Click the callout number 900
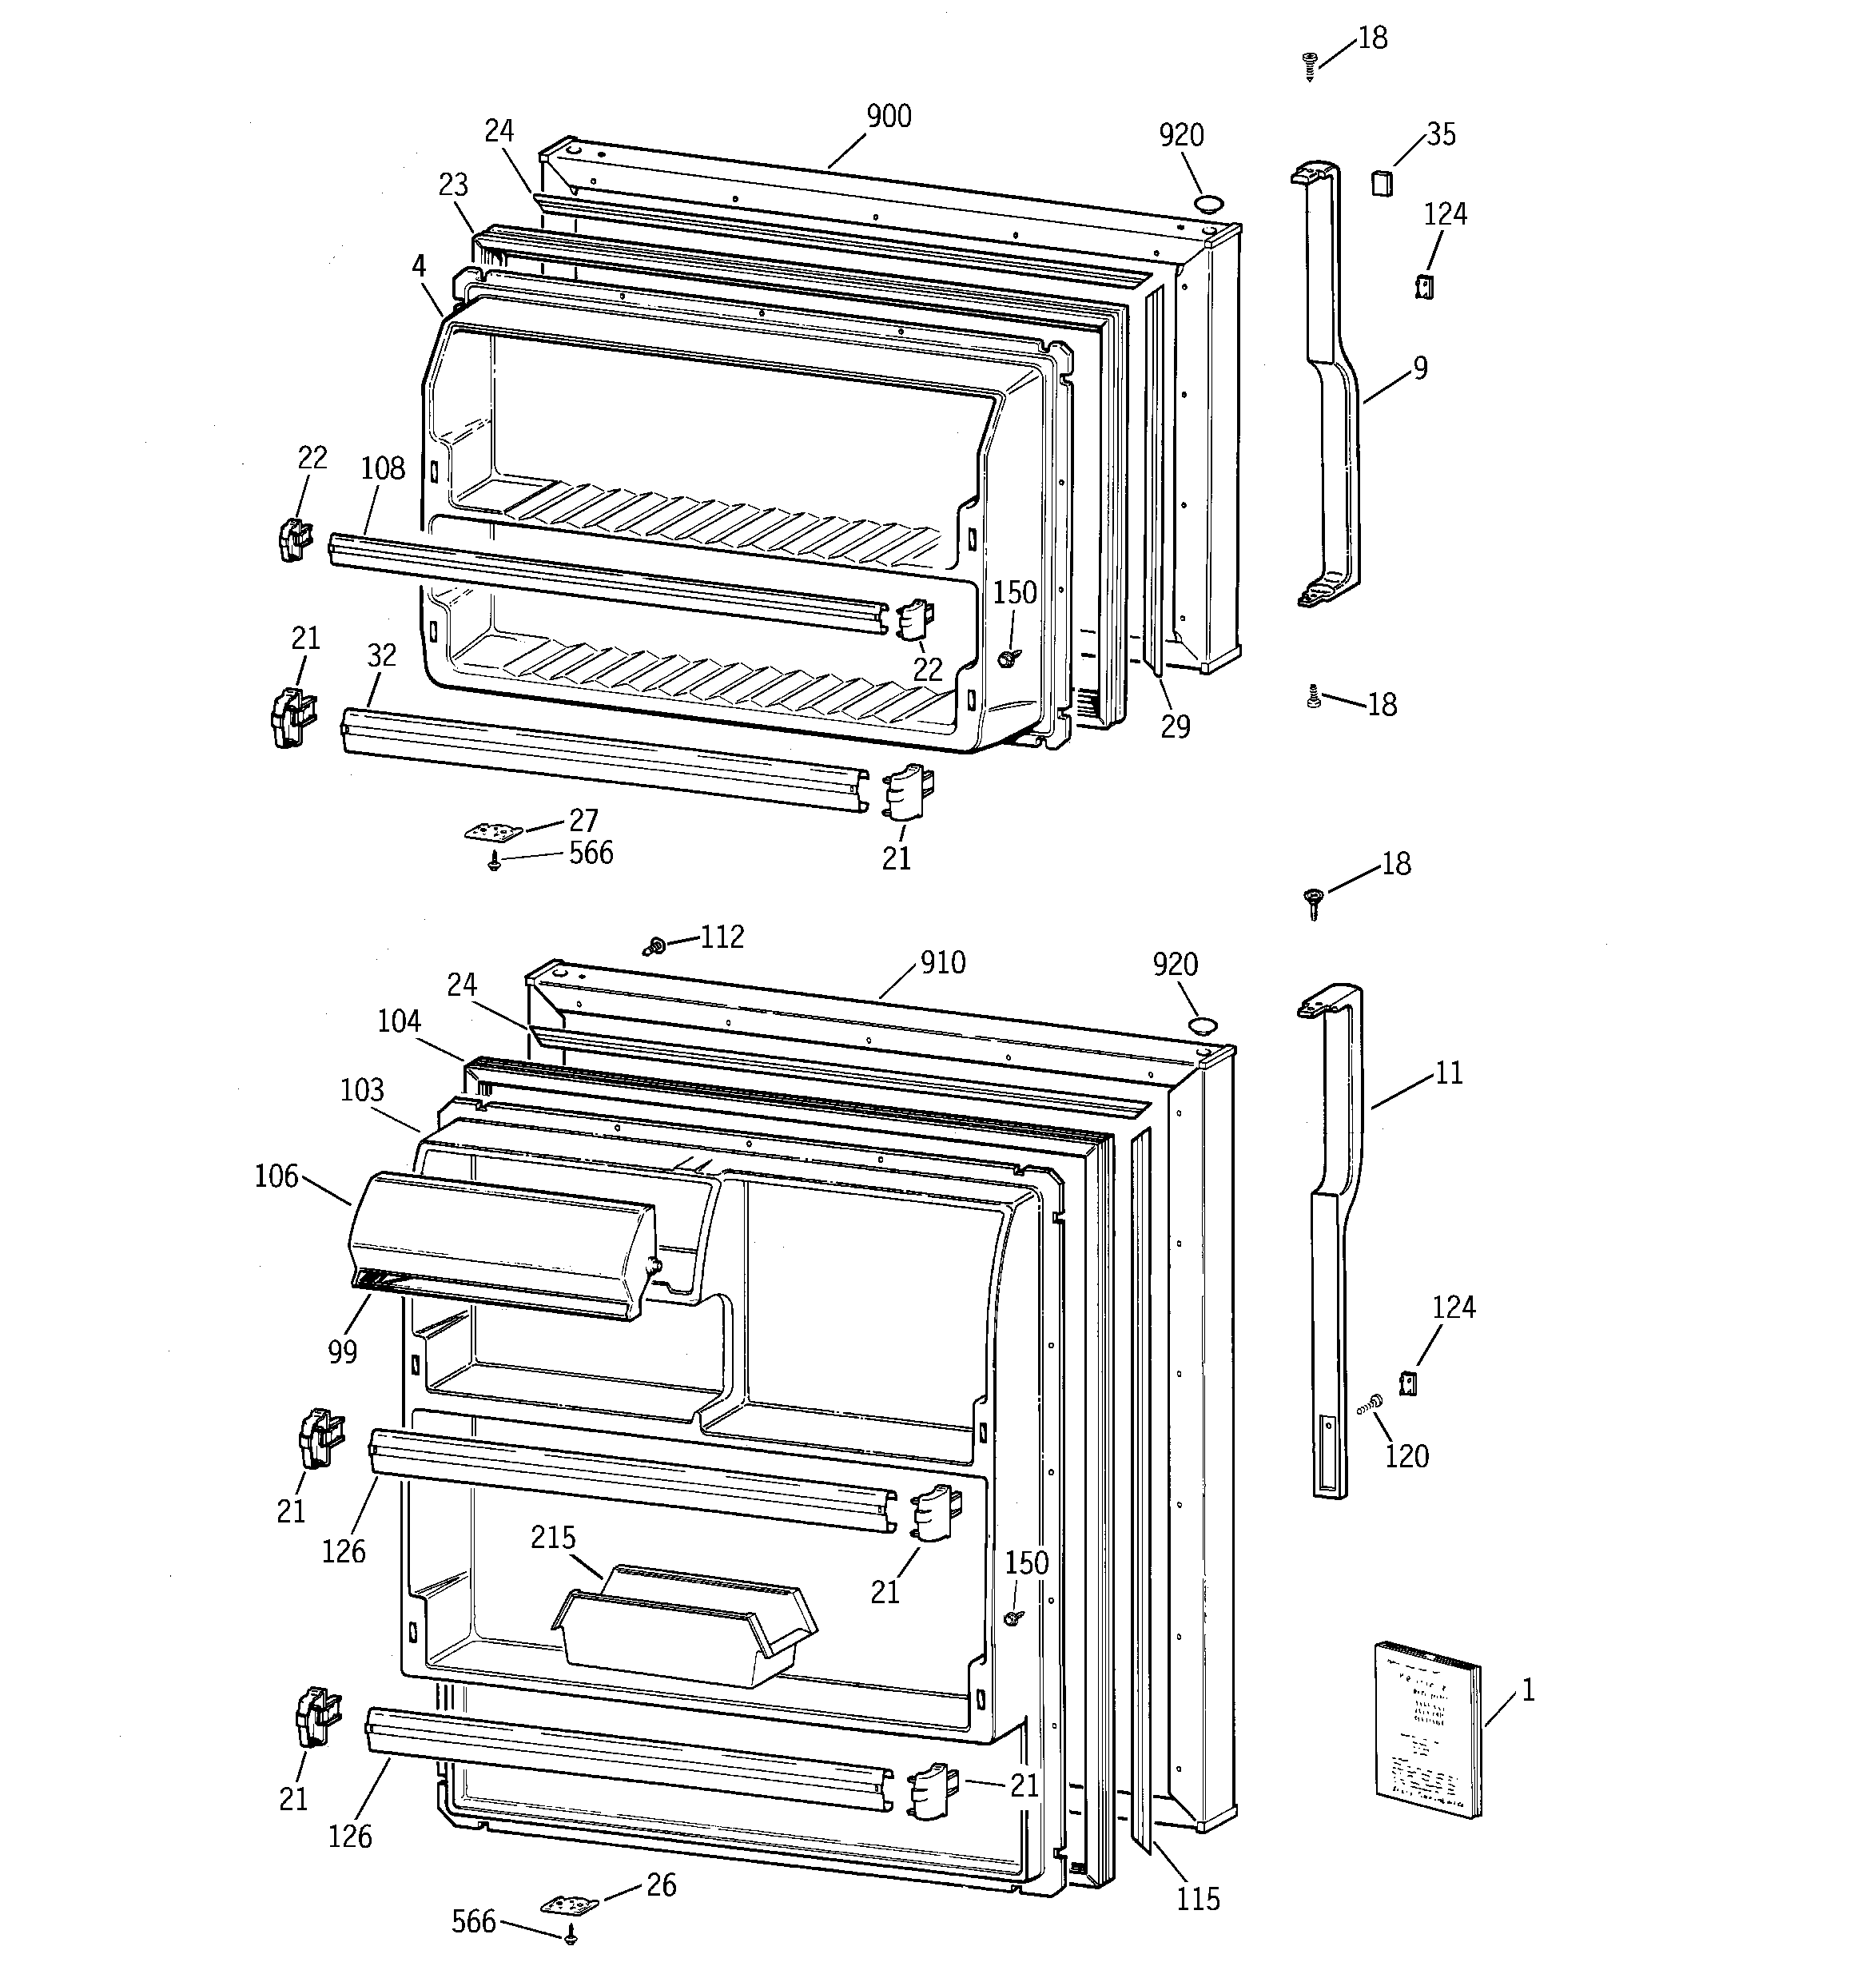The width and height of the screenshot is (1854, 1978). (888, 117)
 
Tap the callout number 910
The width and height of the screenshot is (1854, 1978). (941, 962)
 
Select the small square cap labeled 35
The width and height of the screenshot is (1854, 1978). (1381, 183)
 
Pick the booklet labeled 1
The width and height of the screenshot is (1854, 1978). (1427, 1729)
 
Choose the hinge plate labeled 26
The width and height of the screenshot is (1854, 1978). (571, 1904)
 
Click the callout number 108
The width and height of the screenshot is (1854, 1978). (383, 468)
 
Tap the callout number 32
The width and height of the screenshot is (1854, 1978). (381, 655)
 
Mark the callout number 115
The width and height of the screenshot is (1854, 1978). (1197, 1900)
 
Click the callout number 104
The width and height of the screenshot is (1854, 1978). (398, 1021)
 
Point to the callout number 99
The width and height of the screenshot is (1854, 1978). (341, 1351)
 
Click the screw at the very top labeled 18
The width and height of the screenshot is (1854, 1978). (1310, 64)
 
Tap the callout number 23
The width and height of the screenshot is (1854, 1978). (453, 185)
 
